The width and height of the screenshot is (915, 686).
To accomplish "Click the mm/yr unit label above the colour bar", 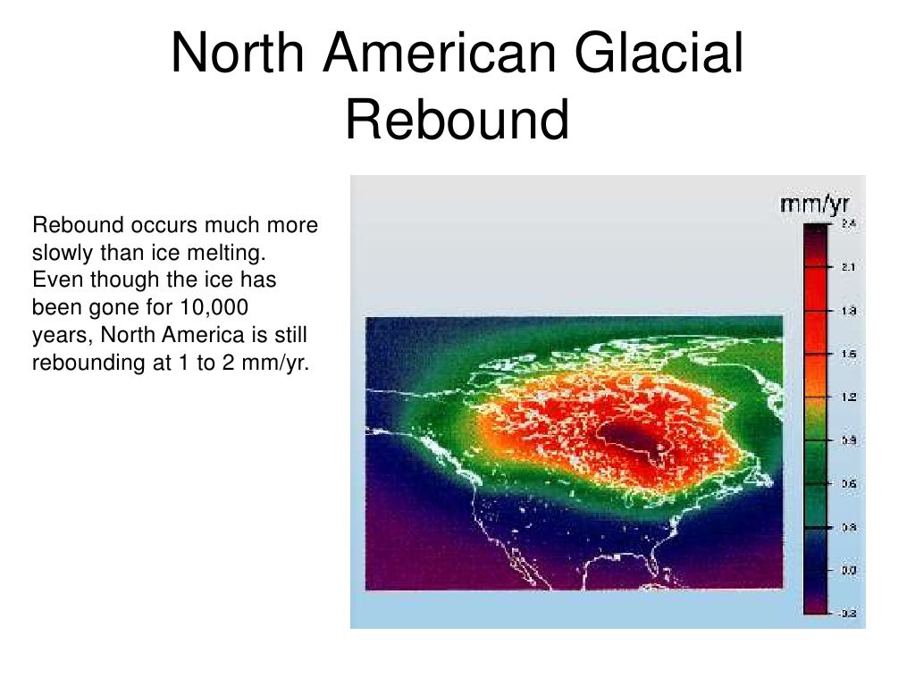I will click(x=815, y=206).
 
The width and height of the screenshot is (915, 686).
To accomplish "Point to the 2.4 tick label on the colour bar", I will click(x=850, y=225).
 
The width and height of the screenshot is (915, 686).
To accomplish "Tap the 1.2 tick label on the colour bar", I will click(x=850, y=397).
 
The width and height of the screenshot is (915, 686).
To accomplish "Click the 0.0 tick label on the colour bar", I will click(x=850, y=570).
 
